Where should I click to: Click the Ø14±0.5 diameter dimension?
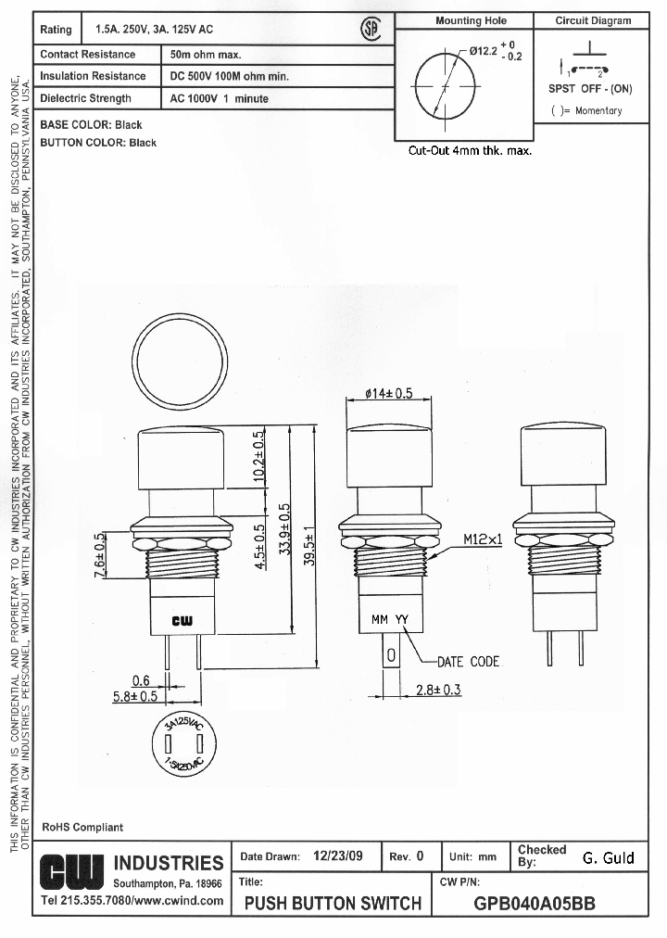click(x=388, y=393)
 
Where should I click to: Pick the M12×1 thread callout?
click(x=482, y=539)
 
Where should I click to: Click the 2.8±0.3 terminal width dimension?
click(x=437, y=690)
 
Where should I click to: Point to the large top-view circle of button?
click(x=180, y=361)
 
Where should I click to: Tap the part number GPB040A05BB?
click(x=535, y=904)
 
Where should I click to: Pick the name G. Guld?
click(x=608, y=857)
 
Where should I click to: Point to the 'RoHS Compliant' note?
click(x=82, y=827)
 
